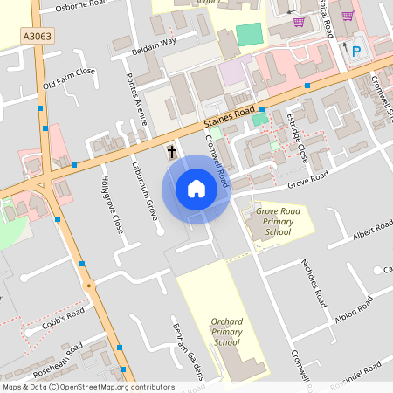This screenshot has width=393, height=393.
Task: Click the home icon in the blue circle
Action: click(196, 189)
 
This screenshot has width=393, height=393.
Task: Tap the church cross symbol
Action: click(172, 153)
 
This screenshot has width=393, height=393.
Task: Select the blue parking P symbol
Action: click(355, 52)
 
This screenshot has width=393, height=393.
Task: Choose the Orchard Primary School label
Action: click(226, 332)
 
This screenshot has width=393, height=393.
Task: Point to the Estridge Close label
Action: click(297, 140)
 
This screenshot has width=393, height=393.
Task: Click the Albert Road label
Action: click(373, 231)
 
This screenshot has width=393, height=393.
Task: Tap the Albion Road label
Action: click(354, 309)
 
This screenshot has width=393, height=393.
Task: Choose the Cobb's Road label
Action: click(64, 320)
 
